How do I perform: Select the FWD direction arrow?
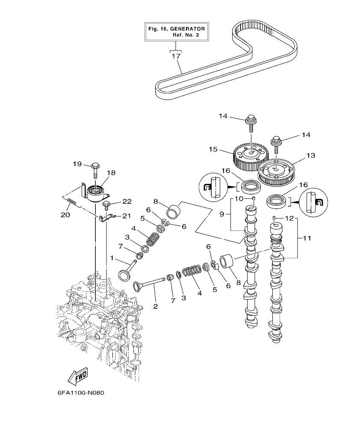click(x=78, y=376)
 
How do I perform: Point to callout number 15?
click(x=213, y=149)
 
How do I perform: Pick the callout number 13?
click(x=311, y=156)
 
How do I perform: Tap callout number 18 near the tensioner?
click(x=111, y=173)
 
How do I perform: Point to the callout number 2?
click(x=155, y=306)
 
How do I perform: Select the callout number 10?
click(x=239, y=199)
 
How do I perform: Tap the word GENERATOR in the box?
click(x=187, y=29)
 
